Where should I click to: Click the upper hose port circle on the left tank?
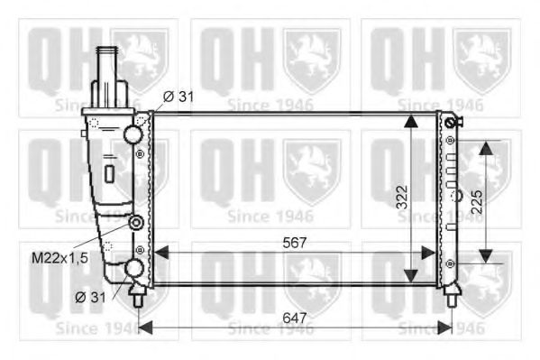pos(133,135)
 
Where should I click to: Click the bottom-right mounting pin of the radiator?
pos(451,291)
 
